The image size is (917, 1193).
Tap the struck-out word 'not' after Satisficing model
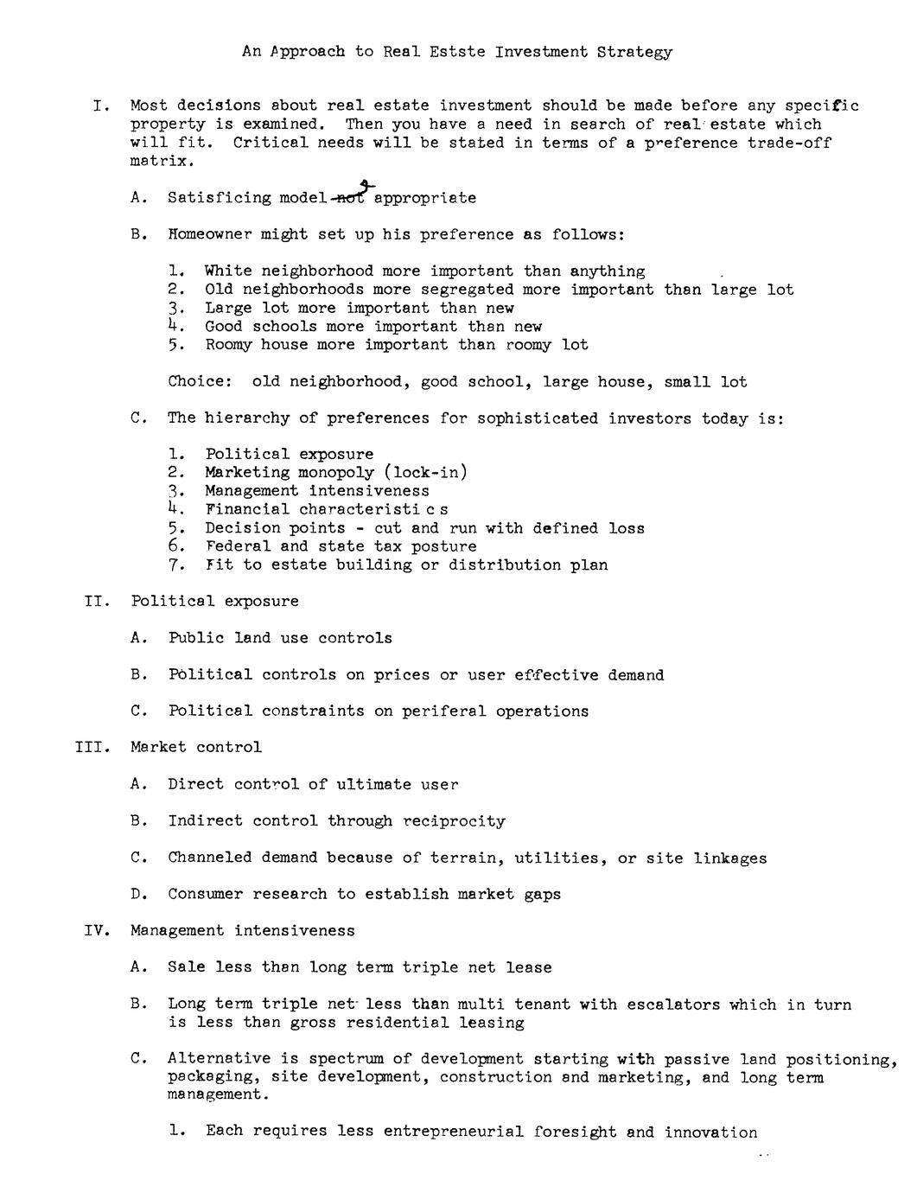(350, 197)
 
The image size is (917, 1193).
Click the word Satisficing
(220, 198)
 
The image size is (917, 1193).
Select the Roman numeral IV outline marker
(97, 930)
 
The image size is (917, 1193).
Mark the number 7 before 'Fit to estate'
(175, 565)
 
